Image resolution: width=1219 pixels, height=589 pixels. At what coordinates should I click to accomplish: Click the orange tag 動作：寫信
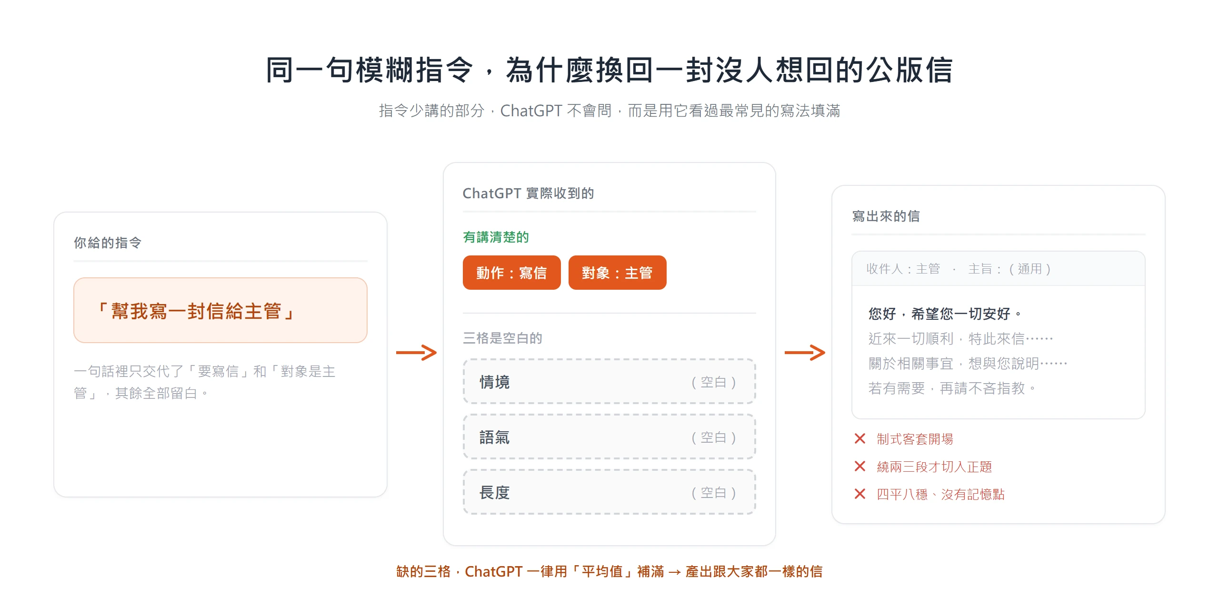point(511,273)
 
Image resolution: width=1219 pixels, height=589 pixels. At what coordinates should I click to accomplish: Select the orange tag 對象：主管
point(617,273)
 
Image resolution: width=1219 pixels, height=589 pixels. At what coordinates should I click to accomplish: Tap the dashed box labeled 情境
point(609,382)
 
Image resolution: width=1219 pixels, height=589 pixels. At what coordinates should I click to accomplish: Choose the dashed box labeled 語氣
point(609,437)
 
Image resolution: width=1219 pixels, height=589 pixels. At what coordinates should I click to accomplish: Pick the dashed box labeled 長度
point(609,492)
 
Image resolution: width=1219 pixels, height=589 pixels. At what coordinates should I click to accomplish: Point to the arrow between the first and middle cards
point(416,353)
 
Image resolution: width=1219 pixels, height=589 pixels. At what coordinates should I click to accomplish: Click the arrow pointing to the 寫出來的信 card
point(805,353)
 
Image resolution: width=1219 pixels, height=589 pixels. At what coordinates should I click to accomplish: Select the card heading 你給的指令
point(108,243)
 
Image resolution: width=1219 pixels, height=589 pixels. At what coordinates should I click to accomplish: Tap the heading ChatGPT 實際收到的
point(529,193)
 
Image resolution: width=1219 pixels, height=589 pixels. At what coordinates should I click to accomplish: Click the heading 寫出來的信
point(886,216)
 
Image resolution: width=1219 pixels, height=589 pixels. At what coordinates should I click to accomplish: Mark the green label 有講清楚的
point(496,237)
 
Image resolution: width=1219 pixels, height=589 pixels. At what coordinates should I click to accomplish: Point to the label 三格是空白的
point(503,338)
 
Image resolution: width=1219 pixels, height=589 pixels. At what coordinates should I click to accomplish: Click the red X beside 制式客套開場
point(860,438)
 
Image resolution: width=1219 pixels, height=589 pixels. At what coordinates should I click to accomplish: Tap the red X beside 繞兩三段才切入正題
point(860,466)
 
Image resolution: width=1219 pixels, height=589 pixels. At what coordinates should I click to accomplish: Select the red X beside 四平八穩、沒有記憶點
point(860,494)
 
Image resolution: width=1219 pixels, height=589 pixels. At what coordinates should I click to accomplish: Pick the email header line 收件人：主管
point(903,269)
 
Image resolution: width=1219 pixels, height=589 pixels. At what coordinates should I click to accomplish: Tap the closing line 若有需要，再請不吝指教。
point(952,388)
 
